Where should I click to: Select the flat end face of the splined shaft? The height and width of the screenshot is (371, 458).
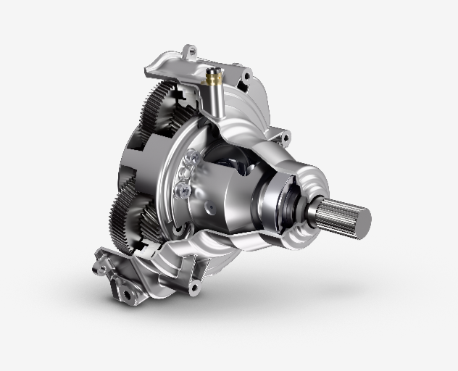[x=359, y=218]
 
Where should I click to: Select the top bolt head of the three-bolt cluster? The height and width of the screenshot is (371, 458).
[x=191, y=158]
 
